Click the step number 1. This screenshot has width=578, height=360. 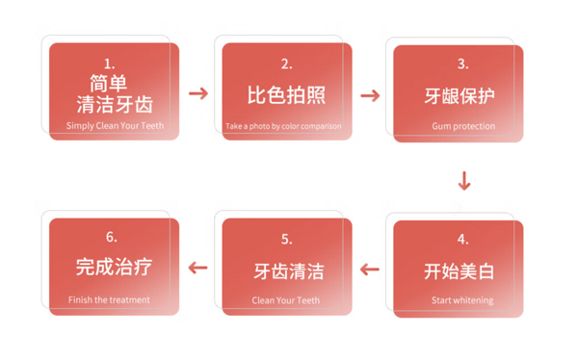[x=109, y=64]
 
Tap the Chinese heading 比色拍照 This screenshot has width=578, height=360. [x=286, y=95]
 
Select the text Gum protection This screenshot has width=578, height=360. [x=463, y=126]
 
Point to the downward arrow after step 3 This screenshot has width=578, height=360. [x=464, y=181]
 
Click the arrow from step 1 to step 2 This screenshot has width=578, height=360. [x=198, y=93]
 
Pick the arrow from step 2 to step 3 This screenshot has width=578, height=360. [x=370, y=96]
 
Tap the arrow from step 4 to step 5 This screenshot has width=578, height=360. [x=370, y=270]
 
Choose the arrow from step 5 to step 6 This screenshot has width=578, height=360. [x=197, y=268]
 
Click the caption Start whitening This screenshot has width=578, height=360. [x=462, y=300]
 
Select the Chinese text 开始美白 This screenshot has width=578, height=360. [x=459, y=271]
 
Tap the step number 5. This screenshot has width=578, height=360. [x=286, y=240]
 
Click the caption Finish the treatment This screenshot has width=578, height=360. [x=109, y=300]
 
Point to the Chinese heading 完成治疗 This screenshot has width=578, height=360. [x=114, y=267]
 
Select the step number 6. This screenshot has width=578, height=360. [x=112, y=237]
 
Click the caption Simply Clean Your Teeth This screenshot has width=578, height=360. [x=115, y=126]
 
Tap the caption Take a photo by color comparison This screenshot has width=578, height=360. [x=283, y=126]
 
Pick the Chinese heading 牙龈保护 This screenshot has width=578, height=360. [x=460, y=96]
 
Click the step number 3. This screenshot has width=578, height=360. [x=463, y=64]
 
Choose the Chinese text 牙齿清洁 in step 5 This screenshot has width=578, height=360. [x=289, y=271]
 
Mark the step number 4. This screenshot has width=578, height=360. [x=463, y=240]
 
